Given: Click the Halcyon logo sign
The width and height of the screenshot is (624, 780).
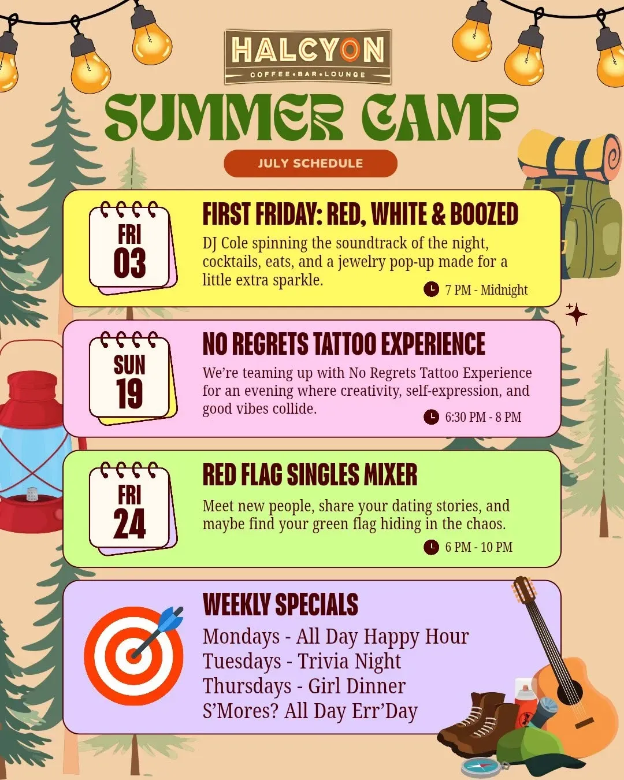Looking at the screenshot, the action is (x=308, y=57).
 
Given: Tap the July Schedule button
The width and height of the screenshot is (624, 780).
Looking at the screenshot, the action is (x=310, y=164).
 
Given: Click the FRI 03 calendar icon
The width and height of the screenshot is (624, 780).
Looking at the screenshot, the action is (x=133, y=248).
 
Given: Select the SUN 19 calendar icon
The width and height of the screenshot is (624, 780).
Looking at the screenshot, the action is (x=133, y=378).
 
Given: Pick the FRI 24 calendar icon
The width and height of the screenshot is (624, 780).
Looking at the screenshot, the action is (x=133, y=508).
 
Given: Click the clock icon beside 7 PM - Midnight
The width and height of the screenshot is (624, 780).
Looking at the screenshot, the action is (x=431, y=289).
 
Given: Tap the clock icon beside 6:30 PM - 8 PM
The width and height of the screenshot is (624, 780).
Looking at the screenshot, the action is (x=431, y=417).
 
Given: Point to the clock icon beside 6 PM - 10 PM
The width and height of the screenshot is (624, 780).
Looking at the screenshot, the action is (x=431, y=547).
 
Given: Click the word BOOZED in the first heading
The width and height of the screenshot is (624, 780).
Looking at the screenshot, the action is (x=484, y=214).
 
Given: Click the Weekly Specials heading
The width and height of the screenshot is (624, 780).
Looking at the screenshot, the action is (x=280, y=604).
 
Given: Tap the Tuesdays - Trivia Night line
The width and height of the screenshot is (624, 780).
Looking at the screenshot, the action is (x=302, y=661).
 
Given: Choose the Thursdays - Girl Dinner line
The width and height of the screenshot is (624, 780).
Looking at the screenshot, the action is (x=304, y=686).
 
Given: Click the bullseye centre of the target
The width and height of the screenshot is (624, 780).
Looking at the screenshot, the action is (x=133, y=656).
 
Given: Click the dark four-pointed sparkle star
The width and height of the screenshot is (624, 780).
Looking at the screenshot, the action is (x=576, y=314).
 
